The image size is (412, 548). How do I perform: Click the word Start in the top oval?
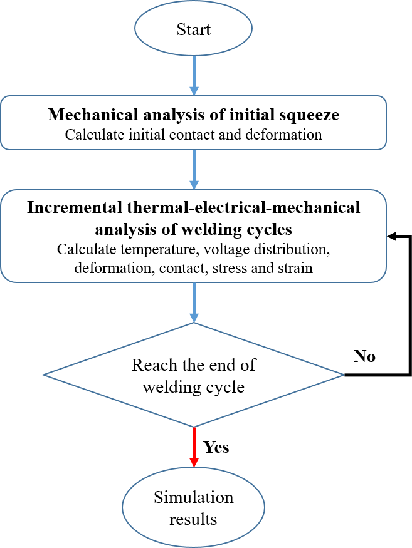tap(193, 29)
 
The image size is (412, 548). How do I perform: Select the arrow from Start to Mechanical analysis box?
tap(194, 75)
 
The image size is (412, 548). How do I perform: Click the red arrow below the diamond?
tap(194, 446)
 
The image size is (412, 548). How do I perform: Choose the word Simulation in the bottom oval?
tap(193, 498)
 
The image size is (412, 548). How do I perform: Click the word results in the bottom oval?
tap(194, 519)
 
